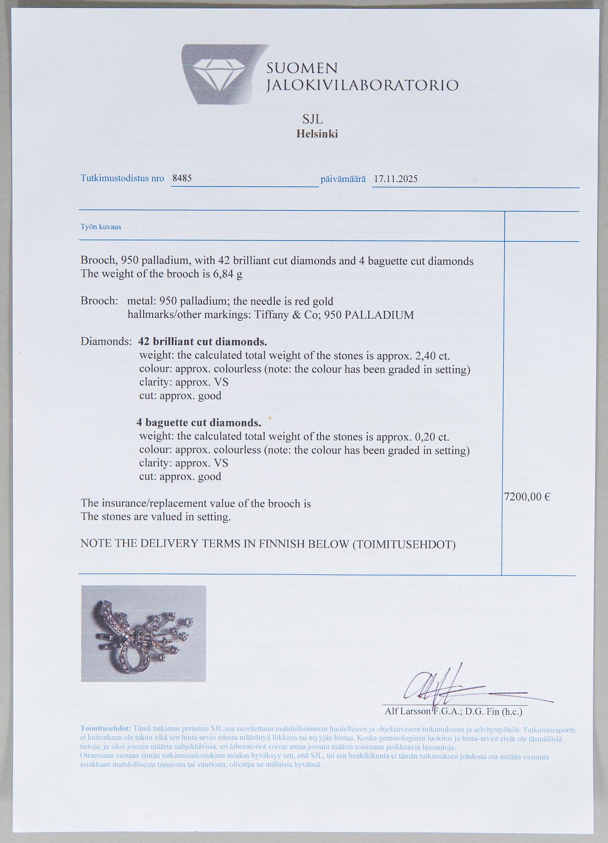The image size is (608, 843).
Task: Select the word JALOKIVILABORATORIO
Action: pos(363,85)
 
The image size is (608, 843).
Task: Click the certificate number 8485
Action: pos(182,178)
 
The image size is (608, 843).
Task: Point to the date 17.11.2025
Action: pos(395,179)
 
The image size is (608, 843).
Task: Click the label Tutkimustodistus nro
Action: pos(122,178)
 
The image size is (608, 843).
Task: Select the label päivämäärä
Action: pos(343,179)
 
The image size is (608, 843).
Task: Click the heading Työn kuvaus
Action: pos(101,227)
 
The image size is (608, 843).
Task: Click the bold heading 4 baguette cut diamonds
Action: pos(199,422)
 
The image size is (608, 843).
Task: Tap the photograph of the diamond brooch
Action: pos(143,633)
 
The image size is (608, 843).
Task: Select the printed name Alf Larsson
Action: pos(407,712)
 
